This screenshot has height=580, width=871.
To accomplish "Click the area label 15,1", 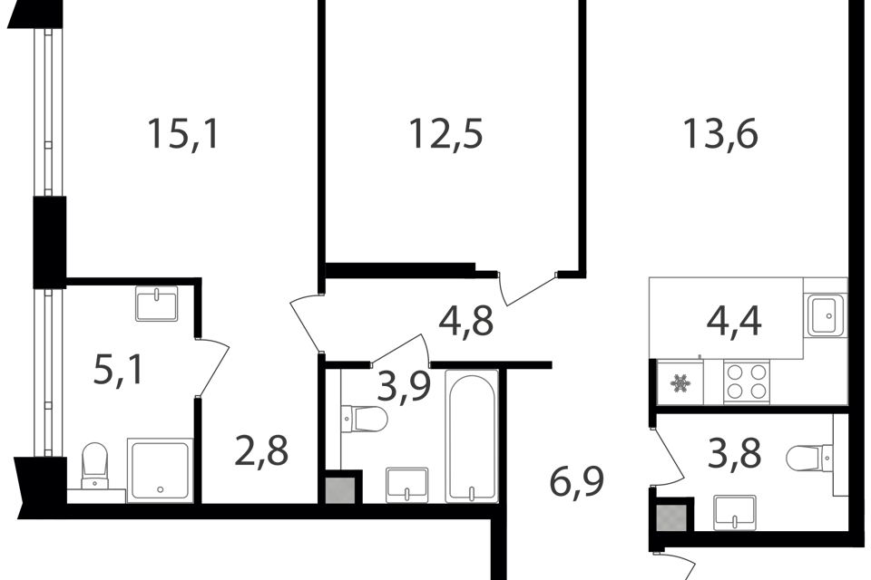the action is click(x=182, y=135).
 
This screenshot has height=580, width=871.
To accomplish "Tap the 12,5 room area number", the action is click(x=445, y=134).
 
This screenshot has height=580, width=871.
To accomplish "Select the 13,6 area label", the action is click(x=719, y=134).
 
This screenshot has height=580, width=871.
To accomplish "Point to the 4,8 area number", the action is click(x=466, y=321).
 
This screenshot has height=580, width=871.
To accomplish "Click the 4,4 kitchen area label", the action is click(x=734, y=321).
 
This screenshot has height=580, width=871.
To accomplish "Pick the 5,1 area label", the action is click(x=118, y=370).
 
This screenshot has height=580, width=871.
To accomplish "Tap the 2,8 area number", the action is click(x=261, y=451).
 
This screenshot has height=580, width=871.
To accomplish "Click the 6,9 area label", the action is click(x=577, y=481).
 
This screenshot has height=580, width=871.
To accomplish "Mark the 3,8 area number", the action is click(x=734, y=453).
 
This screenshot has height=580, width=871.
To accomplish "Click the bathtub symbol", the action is click(x=472, y=436).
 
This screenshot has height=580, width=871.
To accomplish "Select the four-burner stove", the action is click(x=747, y=382).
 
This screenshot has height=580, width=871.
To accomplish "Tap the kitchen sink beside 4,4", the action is click(x=826, y=315).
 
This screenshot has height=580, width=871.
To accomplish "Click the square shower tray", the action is click(x=160, y=469).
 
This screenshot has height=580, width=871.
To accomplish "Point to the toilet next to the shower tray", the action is click(x=94, y=466).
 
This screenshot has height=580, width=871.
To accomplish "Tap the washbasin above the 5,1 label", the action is click(x=157, y=303).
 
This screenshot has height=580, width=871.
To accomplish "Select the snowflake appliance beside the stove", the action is click(x=680, y=382).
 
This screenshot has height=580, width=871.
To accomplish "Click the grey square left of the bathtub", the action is click(x=340, y=490).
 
